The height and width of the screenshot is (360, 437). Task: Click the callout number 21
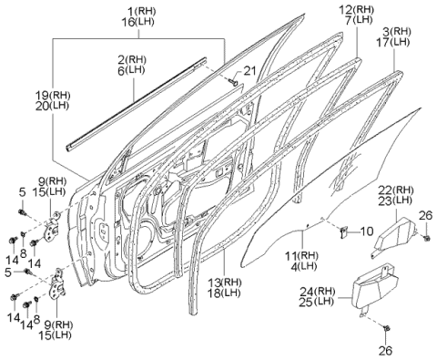[249, 71]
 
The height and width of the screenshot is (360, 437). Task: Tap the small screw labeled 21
[234, 82]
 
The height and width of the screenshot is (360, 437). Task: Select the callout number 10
[367, 231]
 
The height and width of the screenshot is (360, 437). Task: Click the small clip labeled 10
[344, 231]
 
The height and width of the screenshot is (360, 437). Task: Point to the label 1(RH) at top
[141, 12]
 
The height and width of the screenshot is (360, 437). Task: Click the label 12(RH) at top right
[356, 9]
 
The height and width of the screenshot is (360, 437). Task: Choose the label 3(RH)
[397, 31]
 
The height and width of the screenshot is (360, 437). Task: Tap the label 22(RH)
[396, 190]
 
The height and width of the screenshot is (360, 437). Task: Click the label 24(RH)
[318, 292]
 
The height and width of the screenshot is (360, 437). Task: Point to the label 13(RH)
[225, 283]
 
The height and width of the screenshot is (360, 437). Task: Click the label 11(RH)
[301, 256]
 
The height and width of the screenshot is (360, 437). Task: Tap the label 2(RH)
[131, 59]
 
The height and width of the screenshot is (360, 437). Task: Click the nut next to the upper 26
[426, 238]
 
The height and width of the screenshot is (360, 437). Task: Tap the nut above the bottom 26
[386, 328]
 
